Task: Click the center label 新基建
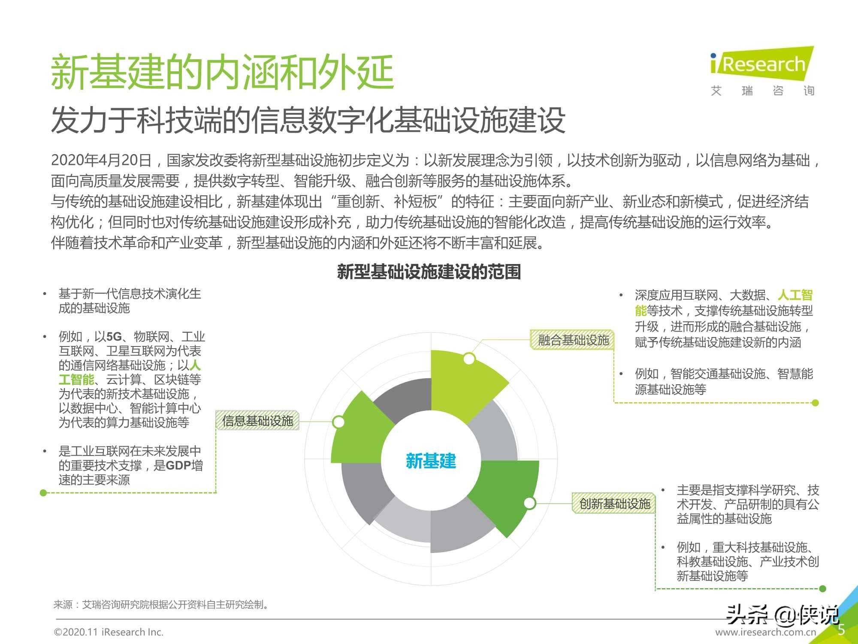click(x=431, y=461)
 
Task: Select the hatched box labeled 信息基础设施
click(x=257, y=421)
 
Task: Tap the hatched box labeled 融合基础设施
click(x=573, y=340)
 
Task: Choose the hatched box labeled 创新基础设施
click(x=614, y=503)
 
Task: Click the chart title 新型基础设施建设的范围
click(x=429, y=272)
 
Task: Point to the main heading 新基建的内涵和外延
click(x=222, y=72)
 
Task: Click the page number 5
click(x=841, y=629)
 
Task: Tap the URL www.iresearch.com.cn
click(x=766, y=632)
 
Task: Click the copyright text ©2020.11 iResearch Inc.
click(x=109, y=632)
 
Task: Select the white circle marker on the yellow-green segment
click(x=469, y=358)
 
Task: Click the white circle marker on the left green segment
click(x=338, y=422)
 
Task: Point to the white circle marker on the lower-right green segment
click(x=530, y=503)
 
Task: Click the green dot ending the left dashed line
click(x=43, y=492)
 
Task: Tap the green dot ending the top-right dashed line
click(x=816, y=403)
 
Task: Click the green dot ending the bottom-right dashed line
click(x=822, y=589)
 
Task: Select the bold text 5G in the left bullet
click(x=114, y=337)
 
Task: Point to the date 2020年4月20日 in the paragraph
click(x=102, y=160)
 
